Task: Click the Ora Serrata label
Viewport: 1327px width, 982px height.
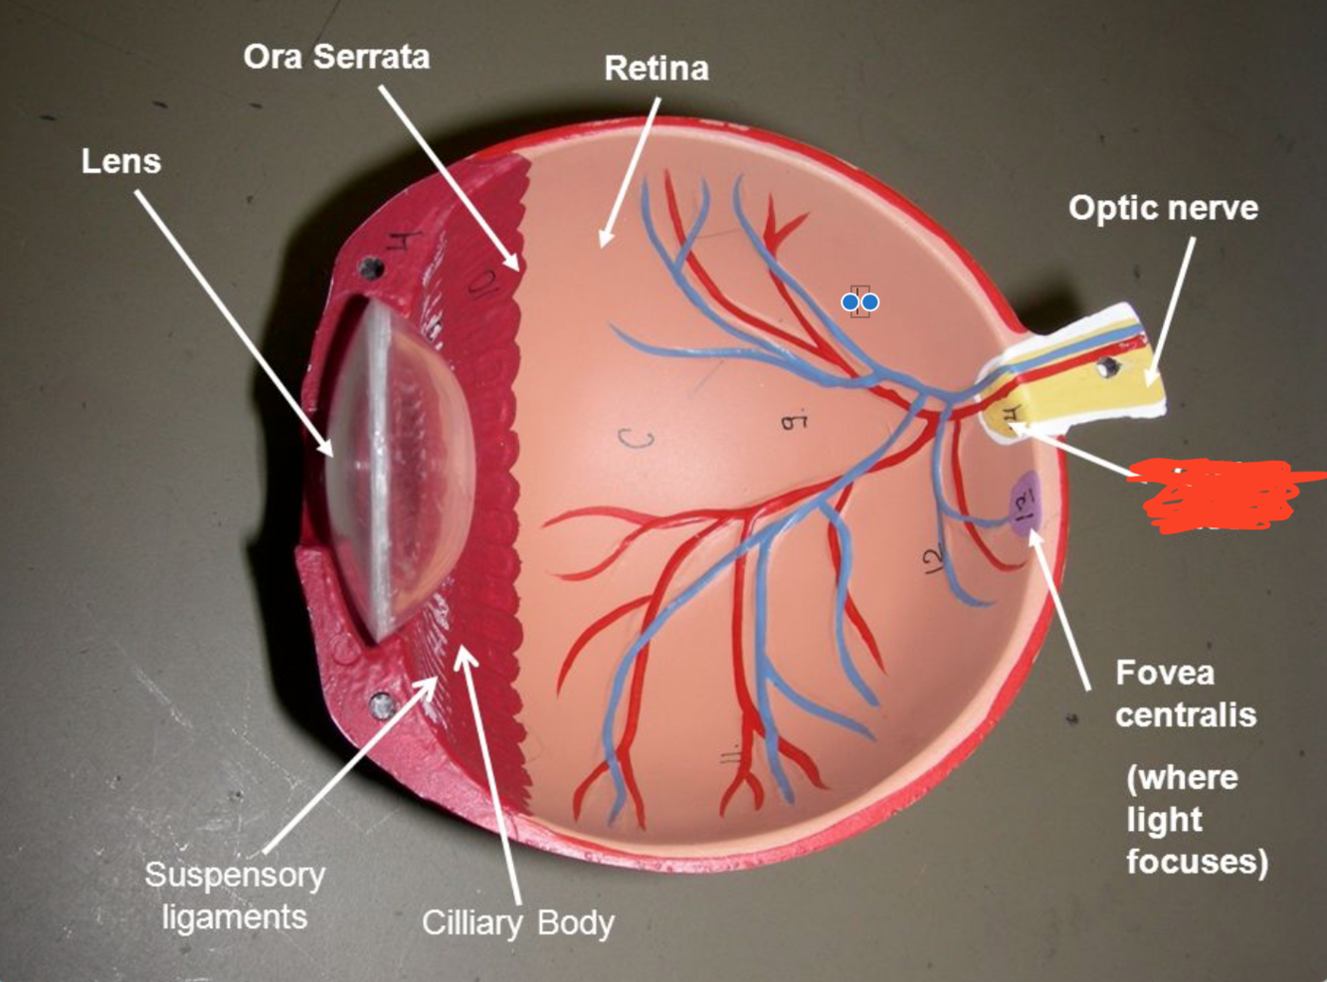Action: click(336, 57)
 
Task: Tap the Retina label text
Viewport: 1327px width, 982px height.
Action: click(657, 69)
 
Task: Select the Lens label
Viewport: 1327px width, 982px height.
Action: click(121, 161)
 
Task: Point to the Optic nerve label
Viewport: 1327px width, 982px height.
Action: click(1163, 208)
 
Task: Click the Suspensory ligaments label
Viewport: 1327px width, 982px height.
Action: click(235, 894)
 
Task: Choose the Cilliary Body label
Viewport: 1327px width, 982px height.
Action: click(517, 923)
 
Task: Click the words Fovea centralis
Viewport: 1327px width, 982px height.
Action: click(1184, 693)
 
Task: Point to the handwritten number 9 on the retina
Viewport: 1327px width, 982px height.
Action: click(793, 422)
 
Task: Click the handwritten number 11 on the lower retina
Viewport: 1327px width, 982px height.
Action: click(730, 756)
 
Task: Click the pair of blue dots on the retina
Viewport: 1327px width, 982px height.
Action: click(860, 301)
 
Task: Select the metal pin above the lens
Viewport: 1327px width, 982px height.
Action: click(372, 267)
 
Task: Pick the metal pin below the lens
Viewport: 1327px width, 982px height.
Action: click(382, 705)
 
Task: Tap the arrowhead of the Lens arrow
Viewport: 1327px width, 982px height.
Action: click(327, 450)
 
